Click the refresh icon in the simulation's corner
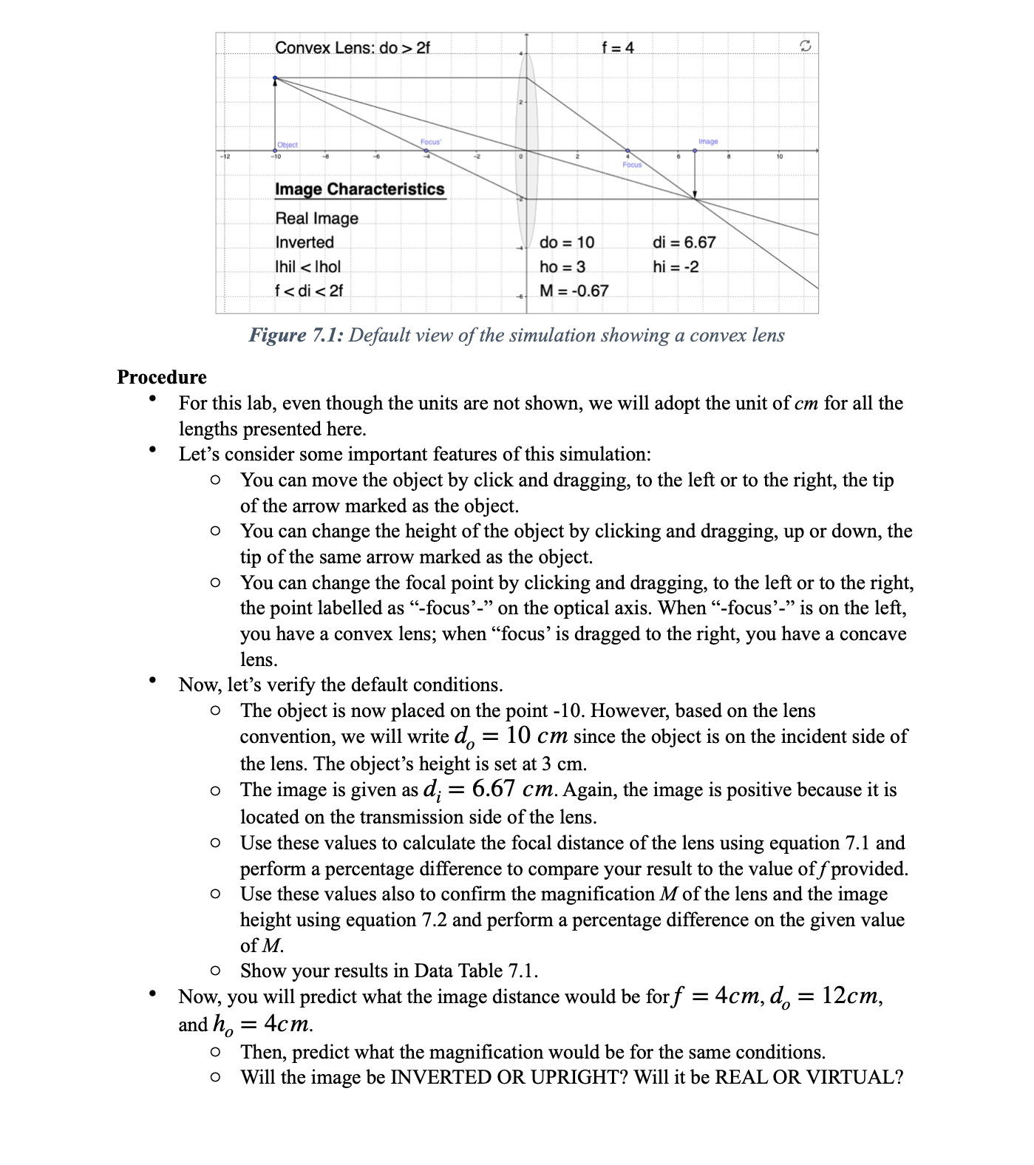point(806,47)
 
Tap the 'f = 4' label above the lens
point(618,48)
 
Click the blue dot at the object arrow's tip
point(276,78)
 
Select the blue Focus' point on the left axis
point(426,150)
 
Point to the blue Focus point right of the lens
point(628,150)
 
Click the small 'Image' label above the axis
point(707,140)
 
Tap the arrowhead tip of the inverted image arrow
point(695,197)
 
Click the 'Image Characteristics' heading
point(360,189)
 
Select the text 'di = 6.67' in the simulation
point(684,242)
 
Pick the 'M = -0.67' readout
point(574,291)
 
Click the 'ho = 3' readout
point(562,267)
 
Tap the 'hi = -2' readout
point(675,267)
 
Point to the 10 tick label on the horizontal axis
point(778,157)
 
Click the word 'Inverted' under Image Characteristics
point(305,242)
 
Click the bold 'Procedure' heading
point(162,377)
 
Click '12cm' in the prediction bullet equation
point(850,996)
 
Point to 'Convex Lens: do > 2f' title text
point(352,48)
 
